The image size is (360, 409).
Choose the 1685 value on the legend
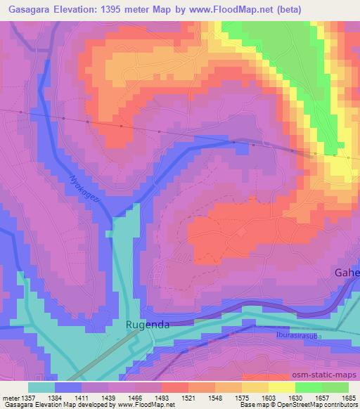348,398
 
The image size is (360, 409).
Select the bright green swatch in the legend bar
309,387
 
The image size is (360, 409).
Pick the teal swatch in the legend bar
41,387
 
